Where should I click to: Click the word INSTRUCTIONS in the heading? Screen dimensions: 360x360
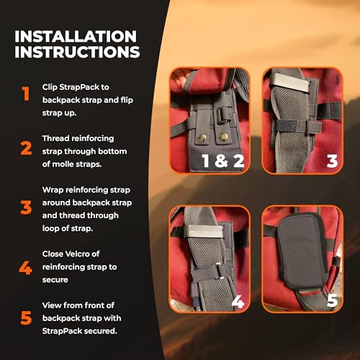click(76, 53)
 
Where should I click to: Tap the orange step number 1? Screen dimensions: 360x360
click(26, 94)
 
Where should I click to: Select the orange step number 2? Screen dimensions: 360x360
click(26, 148)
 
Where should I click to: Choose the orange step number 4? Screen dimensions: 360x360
click(26, 269)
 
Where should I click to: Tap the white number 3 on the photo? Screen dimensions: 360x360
click(331, 161)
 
